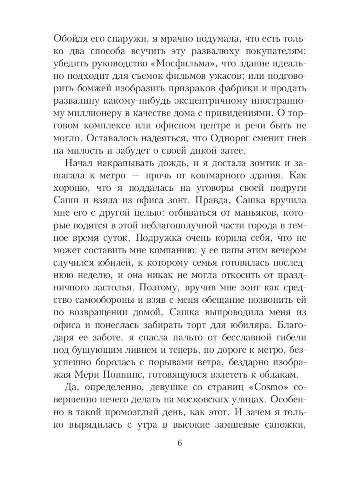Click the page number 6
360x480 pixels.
180,443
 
